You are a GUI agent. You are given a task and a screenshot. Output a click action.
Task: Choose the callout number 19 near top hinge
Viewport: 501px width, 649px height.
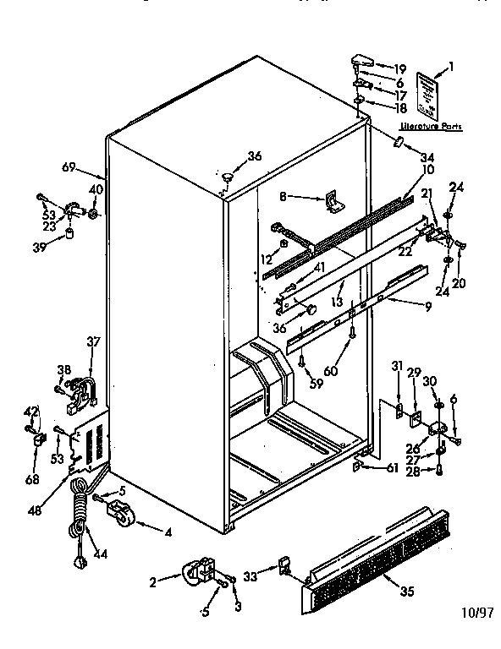pyautogui.click(x=399, y=68)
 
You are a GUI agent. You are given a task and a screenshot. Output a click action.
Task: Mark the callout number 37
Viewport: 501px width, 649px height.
pyautogui.click(x=94, y=341)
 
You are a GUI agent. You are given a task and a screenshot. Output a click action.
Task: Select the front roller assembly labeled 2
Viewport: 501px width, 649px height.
pyautogui.click(x=197, y=574)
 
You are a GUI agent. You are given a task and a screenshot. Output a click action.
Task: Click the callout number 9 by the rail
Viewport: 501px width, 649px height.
pyautogui.click(x=428, y=306)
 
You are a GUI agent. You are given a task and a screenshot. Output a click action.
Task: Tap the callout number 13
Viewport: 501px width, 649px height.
pyautogui.click(x=336, y=302)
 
